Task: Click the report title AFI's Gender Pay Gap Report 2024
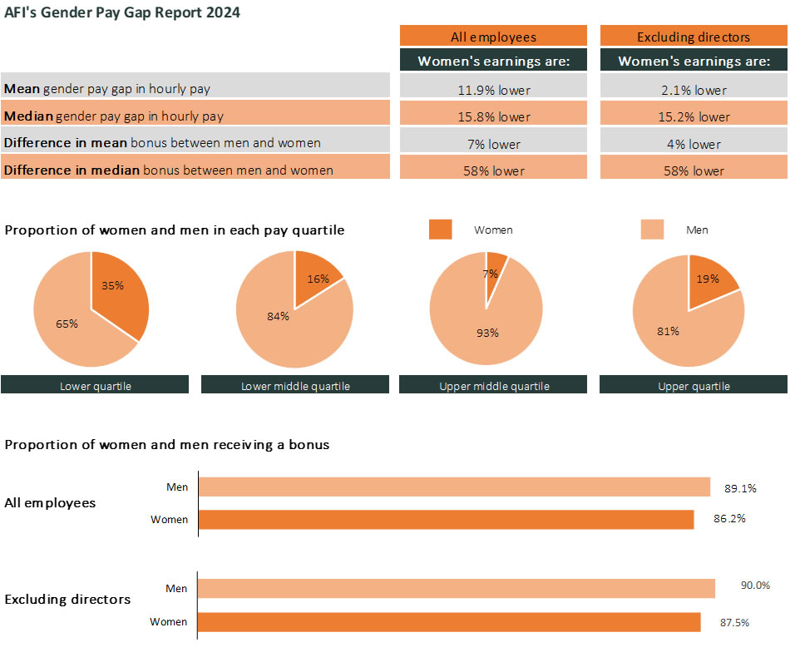coord(122,13)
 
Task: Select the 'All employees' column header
coord(493,37)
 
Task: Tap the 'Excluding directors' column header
coord(694,37)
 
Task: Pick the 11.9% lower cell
coord(493,90)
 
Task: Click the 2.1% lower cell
coord(694,90)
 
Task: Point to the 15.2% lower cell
coord(694,117)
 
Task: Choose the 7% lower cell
coord(493,144)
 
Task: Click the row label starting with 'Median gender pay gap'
coord(114,116)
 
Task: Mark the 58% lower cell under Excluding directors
coord(694,170)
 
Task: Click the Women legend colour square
coord(441,230)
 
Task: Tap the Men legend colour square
coord(653,230)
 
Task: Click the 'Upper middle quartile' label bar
coord(493,385)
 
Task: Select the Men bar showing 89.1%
coord(454,487)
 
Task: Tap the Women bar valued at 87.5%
coord(449,622)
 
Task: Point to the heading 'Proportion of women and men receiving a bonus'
coord(167,445)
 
